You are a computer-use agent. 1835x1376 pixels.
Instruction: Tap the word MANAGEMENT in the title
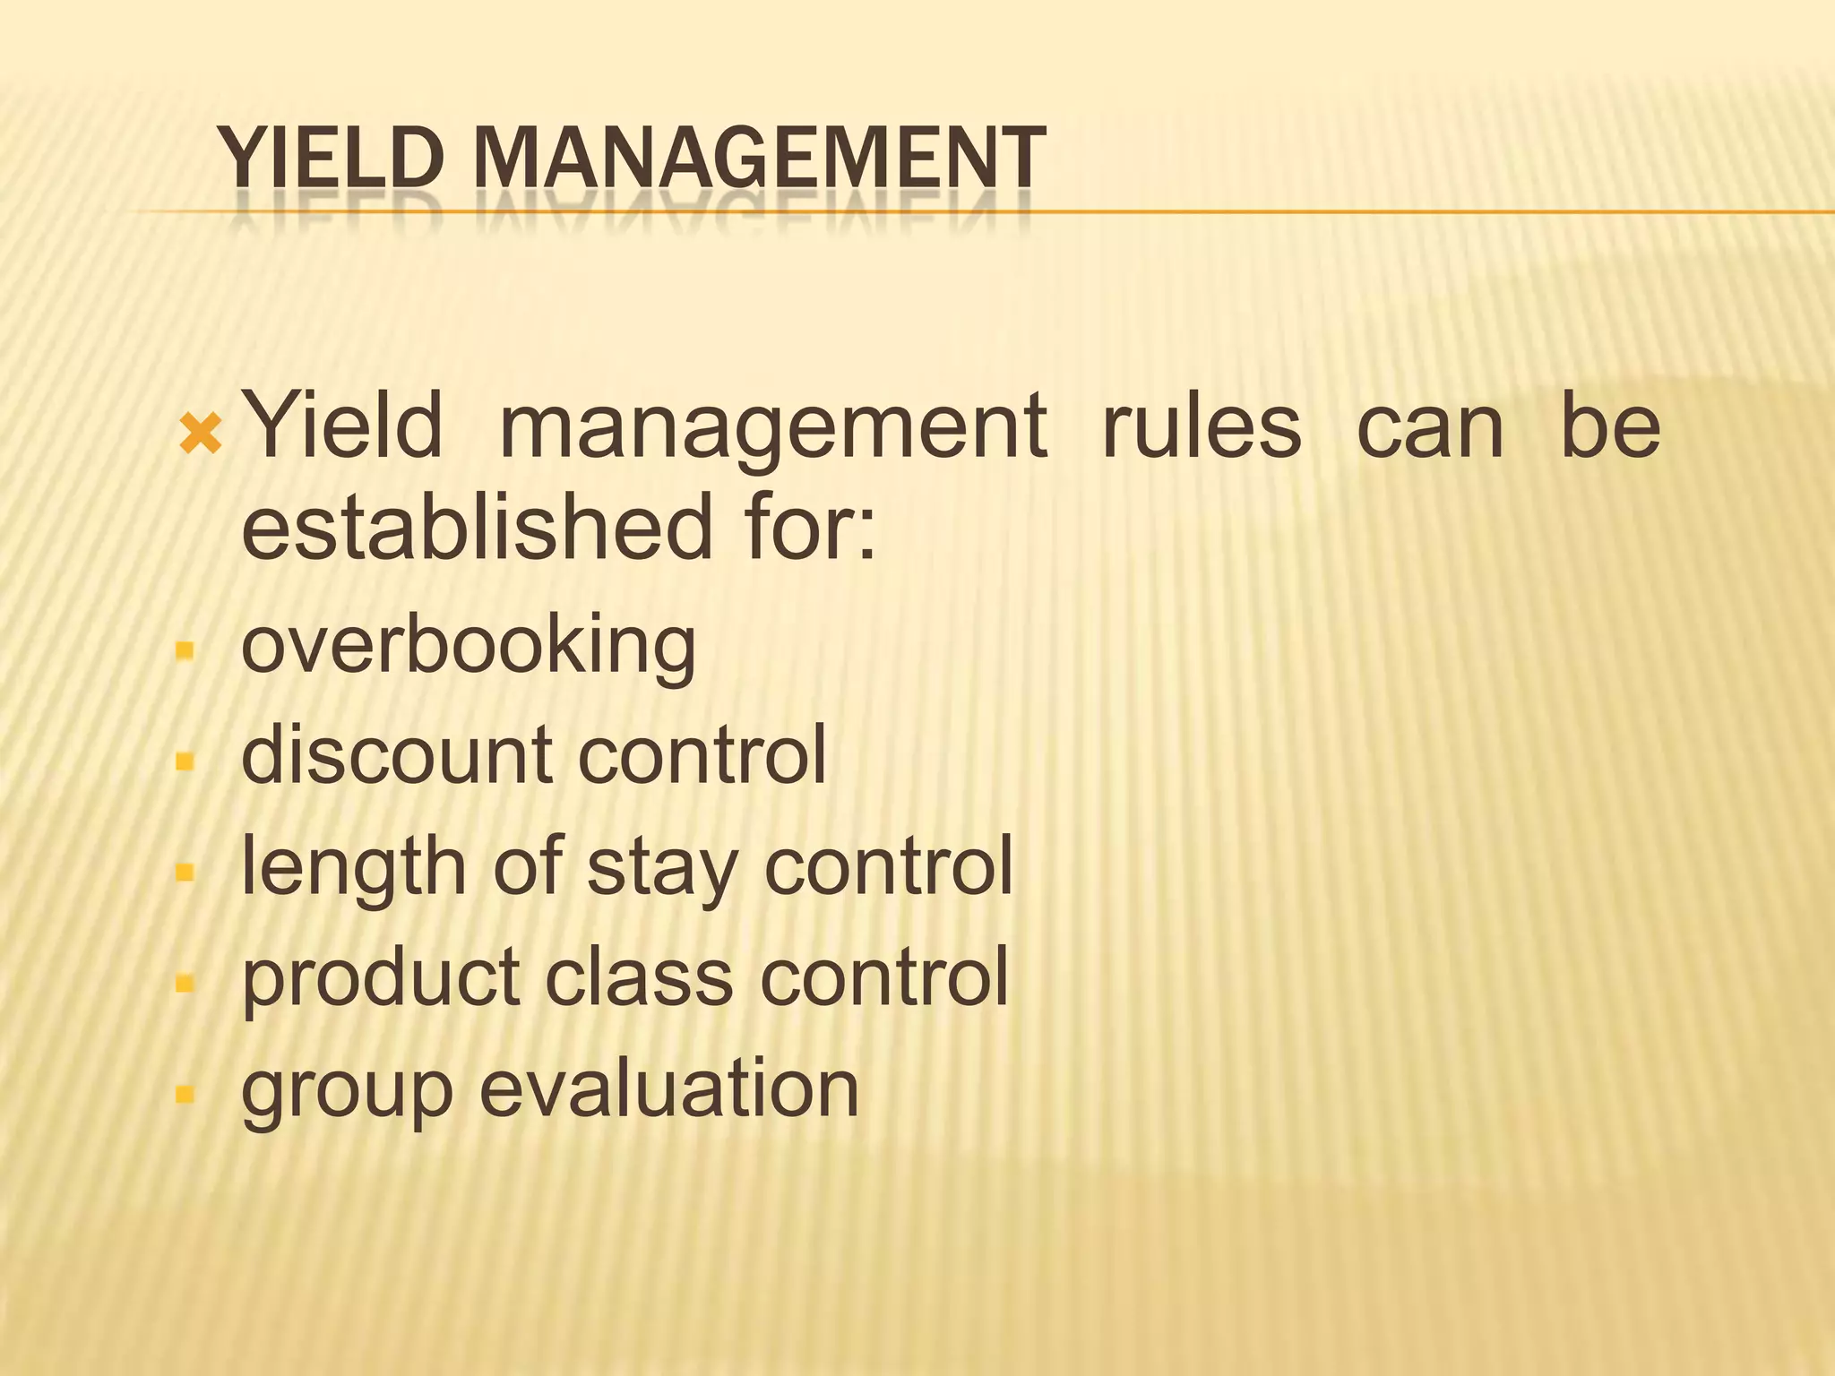click(759, 159)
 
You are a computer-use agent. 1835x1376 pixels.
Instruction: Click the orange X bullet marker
click(200, 434)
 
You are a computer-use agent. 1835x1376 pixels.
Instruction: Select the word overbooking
click(468, 646)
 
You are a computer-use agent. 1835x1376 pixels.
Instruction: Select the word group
click(348, 1090)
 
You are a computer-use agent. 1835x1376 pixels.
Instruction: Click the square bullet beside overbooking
click(185, 649)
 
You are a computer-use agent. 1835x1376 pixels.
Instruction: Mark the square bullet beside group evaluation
click(185, 1093)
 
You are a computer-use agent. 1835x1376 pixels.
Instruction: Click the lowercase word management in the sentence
click(772, 428)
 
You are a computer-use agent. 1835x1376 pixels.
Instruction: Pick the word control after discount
click(702, 754)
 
